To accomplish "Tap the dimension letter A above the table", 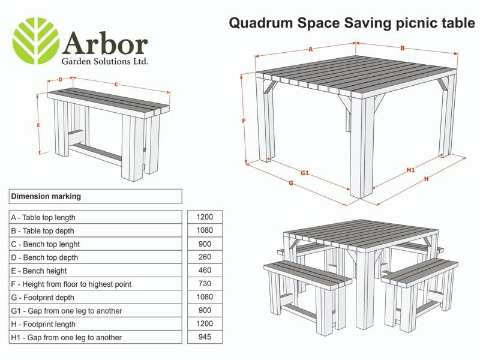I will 311,50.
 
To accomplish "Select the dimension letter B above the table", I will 403,48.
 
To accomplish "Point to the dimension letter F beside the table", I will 244,121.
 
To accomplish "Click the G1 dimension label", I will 304,173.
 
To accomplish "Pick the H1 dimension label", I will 411,170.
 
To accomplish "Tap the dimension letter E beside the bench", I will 38,125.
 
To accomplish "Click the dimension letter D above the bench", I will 61,79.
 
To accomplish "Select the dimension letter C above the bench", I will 116,85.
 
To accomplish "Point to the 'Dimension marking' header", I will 46,196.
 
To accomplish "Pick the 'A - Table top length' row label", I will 43,217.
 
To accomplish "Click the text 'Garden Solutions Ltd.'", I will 104,61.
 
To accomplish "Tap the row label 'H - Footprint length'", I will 44,324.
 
